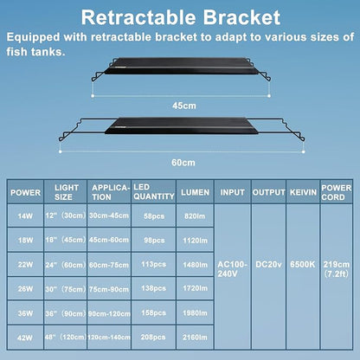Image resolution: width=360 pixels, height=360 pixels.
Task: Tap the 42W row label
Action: pyautogui.click(x=24, y=332)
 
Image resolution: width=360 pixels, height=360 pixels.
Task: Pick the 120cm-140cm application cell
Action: pyautogui.click(x=112, y=332)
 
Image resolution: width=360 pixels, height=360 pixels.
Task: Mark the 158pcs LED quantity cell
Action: pyautogui.click(x=152, y=310)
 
